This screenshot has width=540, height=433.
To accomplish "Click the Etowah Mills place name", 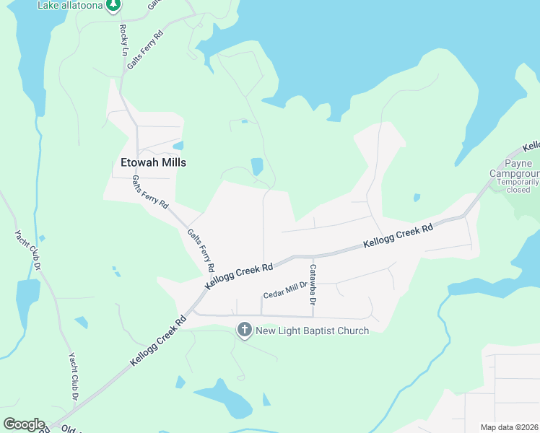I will point(153,162).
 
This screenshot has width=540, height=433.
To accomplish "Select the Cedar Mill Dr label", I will point(284,291).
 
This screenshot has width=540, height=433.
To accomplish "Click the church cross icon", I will point(244,331).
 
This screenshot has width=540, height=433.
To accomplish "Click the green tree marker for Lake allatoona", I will point(113,6).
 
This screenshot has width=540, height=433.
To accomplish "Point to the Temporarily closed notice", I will point(518,186).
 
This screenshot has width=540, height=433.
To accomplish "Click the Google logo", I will point(24,424).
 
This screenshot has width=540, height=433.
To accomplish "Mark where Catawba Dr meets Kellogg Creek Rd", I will point(313,255).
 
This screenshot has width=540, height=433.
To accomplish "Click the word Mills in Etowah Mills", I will point(173,162).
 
